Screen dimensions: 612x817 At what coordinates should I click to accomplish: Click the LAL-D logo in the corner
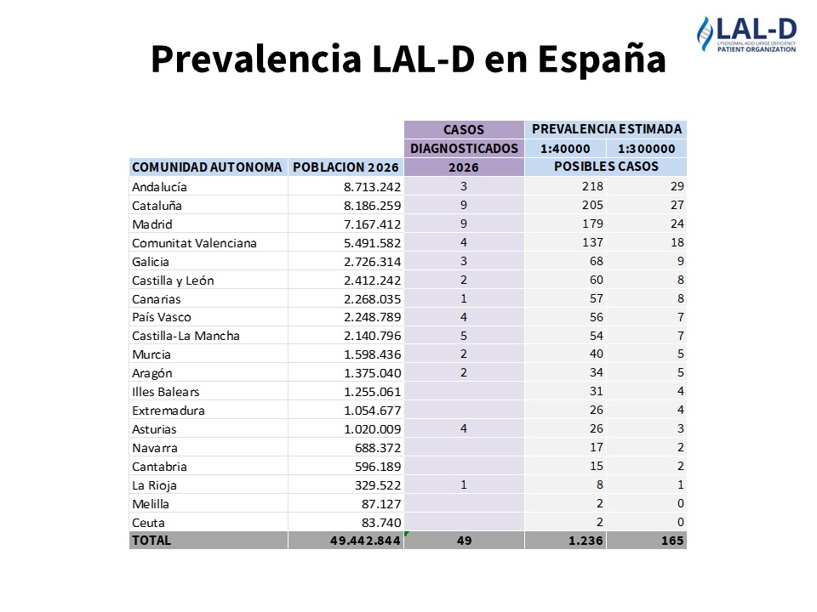point(746,36)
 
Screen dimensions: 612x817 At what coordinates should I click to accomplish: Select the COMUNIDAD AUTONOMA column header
point(207,167)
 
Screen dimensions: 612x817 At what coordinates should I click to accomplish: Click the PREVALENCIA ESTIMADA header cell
point(606,129)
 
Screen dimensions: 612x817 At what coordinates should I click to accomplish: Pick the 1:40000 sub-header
point(565,149)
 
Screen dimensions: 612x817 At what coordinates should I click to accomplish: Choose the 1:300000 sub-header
point(646,149)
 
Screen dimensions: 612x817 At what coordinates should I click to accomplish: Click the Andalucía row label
point(159,186)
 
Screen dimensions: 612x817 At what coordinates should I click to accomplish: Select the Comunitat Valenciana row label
point(194,243)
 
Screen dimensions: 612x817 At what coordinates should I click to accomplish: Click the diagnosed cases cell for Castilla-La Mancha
point(463,336)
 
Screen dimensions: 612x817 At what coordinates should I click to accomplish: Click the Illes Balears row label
point(166,392)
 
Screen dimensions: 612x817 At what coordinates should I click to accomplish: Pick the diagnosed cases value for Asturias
point(463,429)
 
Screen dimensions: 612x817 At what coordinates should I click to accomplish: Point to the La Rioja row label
point(154,485)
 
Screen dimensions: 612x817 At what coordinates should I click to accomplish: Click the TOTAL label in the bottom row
point(151,541)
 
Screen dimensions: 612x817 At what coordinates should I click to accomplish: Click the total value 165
point(672,541)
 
